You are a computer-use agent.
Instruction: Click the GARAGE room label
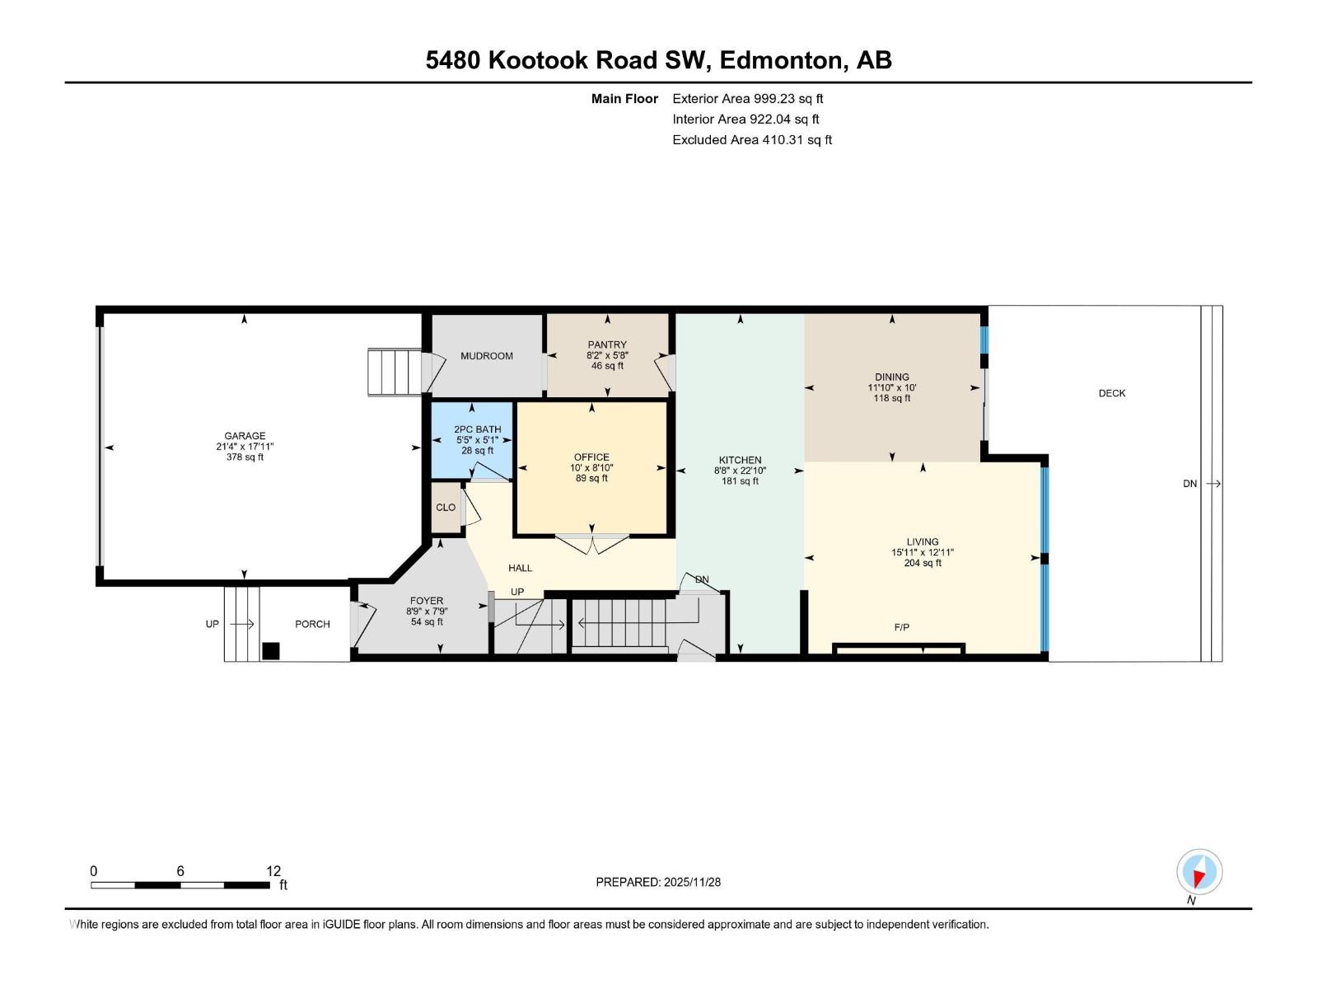click(245, 436)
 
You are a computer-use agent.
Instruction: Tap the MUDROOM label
click(486, 356)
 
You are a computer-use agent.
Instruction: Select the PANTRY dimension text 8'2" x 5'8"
click(607, 355)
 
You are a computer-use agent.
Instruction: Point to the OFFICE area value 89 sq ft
click(591, 478)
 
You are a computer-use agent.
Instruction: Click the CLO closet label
click(446, 508)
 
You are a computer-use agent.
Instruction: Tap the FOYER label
click(427, 601)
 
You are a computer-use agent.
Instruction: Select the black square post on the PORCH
click(271, 651)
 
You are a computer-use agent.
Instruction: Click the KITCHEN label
click(740, 460)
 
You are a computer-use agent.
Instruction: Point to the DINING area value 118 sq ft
click(892, 398)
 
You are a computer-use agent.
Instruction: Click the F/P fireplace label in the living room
click(902, 627)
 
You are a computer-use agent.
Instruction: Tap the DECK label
click(1111, 393)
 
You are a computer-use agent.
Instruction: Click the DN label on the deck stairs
click(1189, 484)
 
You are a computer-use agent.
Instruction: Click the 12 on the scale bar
click(273, 871)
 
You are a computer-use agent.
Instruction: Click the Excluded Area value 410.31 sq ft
click(797, 139)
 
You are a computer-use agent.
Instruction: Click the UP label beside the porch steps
click(213, 624)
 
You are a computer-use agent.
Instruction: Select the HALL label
click(520, 568)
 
